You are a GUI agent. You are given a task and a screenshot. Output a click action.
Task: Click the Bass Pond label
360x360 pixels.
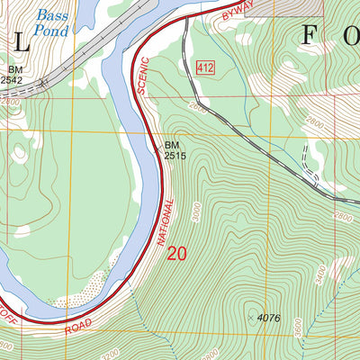56,23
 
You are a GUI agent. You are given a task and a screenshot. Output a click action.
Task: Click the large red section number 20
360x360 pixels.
176,254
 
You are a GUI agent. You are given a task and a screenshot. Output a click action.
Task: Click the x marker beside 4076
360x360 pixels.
250,318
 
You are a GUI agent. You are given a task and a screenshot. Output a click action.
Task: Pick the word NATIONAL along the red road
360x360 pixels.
165,218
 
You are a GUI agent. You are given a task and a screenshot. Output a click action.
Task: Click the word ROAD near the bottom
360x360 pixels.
79,325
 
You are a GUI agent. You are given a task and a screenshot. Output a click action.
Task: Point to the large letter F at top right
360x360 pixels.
308,36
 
